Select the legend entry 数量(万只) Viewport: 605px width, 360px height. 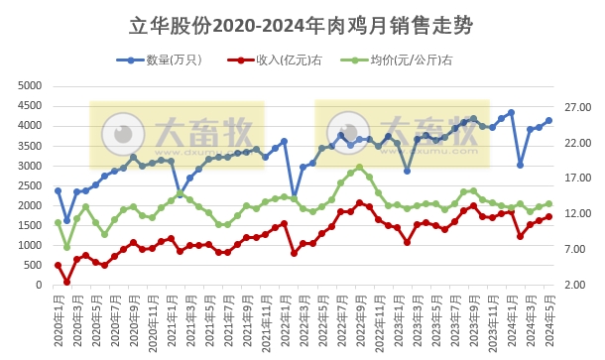pyautogui.click(x=169, y=60)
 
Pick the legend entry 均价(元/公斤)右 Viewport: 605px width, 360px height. pyautogui.click(x=405, y=60)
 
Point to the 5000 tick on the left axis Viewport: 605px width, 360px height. pyautogui.click(x=32, y=86)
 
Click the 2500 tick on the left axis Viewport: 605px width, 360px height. pyautogui.click(x=32, y=185)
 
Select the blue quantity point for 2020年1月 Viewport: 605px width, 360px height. pyautogui.click(x=58, y=190)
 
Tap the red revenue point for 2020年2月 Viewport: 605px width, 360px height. pyautogui.click(x=67, y=282)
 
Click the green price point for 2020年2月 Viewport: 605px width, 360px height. pyautogui.click(x=67, y=247)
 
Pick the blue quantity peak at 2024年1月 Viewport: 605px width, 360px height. pyautogui.click(x=511, y=112)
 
